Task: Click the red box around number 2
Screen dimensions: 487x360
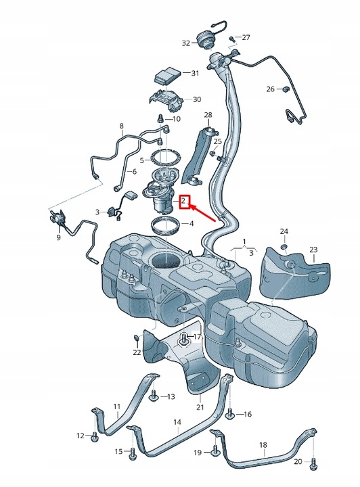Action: (x=183, y=202)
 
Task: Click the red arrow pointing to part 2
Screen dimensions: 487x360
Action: (x=202, y=212)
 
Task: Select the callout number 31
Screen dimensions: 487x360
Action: (x=195, y=73)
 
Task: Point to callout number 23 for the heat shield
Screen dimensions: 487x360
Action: (x=313, y=250)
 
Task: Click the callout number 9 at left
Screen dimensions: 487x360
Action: (x=58, y=237)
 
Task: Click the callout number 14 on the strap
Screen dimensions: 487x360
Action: (x=177, y=422)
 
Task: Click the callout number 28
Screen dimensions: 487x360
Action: (x=208, y=115)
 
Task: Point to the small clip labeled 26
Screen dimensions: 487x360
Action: (x=286, y=89)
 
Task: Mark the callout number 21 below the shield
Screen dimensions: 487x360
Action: (x=200, y=407)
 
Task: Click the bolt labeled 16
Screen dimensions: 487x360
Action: (x=230, y=412)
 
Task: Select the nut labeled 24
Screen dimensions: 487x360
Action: (x=284, y=246)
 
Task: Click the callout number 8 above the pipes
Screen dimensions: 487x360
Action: (x=122, y=126)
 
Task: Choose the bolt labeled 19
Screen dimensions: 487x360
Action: (x=215, y=452)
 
